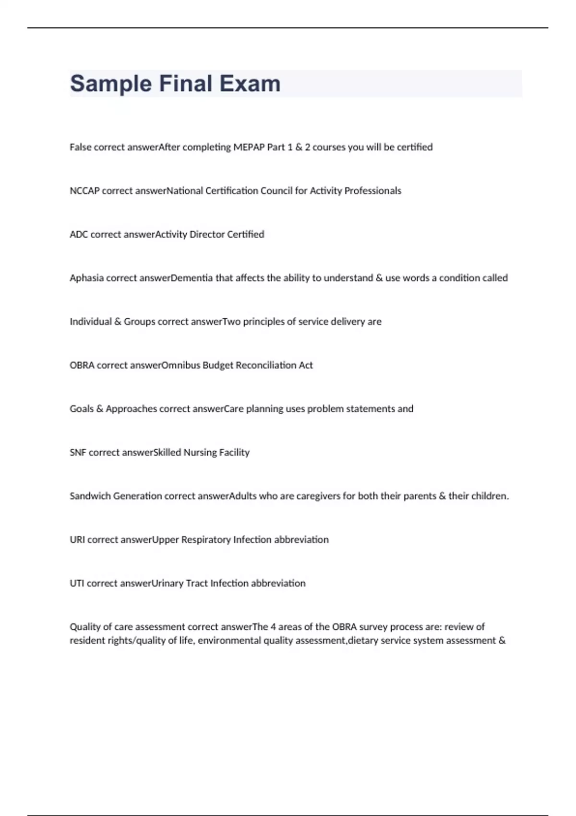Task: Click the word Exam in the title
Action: click(250, 84)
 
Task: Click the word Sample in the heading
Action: click(110, 84)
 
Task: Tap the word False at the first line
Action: click(80, 147)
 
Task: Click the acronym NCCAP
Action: click(84, 191)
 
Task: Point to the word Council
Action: click(276, 191)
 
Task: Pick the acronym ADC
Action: click(79, 235)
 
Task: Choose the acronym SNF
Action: click(78, 453)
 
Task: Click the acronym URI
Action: click(77, 540)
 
